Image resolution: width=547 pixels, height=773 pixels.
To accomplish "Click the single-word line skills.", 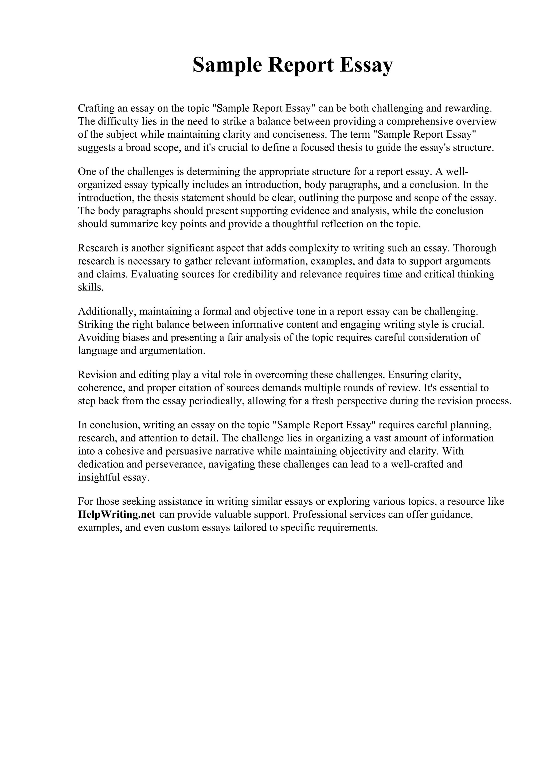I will tap(91, 287).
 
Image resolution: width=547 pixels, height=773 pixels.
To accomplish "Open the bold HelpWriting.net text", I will tap(117, 515).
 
